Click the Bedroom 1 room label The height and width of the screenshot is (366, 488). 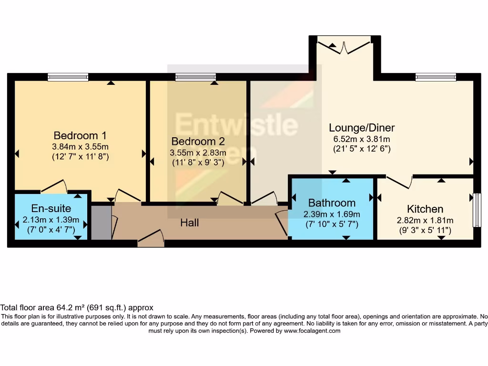pyautogui.click(x=80, y=135)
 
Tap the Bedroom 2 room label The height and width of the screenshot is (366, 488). pyautogui.click(x=198, y=142)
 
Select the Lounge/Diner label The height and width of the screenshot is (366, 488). pyautogui.click(x=362, y=128)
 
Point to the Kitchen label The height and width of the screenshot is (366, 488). pyautogui.click(x=425, y=209)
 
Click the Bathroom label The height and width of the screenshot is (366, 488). pyautogui.click(x=332, y=203)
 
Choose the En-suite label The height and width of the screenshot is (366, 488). pyautogui.click(x=51, y=208)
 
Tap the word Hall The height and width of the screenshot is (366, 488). pyautogui.click(x=189, y=223)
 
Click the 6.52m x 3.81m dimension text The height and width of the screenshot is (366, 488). pyautogui.click(x=362, y=139)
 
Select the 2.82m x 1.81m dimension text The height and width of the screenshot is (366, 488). pyautogui.click(x=425, y=220)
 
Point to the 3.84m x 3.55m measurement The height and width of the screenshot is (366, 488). pyautogui.click(x=80, y=146)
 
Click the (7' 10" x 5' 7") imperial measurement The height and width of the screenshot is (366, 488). pyautogui.click(x=332, y=224)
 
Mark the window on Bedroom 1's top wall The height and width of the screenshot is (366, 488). pyautogui.click(x=68, y=77)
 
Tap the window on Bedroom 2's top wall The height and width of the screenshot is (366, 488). pyautogui.click(x=195, y=77)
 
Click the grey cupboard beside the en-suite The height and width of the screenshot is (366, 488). pyautogui.click(x=101, y=222)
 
